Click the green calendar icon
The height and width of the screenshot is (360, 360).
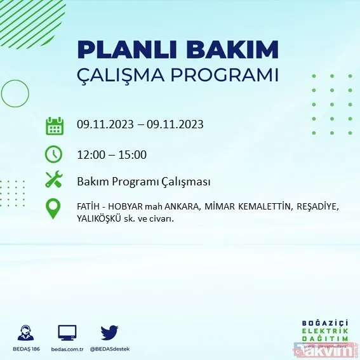point(54,125)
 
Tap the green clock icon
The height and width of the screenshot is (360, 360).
point(54,154)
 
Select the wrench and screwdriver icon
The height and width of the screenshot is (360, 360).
point(54,180)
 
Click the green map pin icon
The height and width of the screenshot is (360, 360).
point(54,208)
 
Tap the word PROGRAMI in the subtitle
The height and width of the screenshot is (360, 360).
point(229,75)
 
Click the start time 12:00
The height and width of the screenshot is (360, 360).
point(90,154)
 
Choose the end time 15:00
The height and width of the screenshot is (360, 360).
point(133,154)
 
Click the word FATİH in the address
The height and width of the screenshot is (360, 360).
point(87,207)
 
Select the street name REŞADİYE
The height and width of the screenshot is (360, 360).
point(316,207)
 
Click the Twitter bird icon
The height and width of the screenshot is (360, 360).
point(110,332)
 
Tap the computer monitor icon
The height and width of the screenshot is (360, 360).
point(67,332)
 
